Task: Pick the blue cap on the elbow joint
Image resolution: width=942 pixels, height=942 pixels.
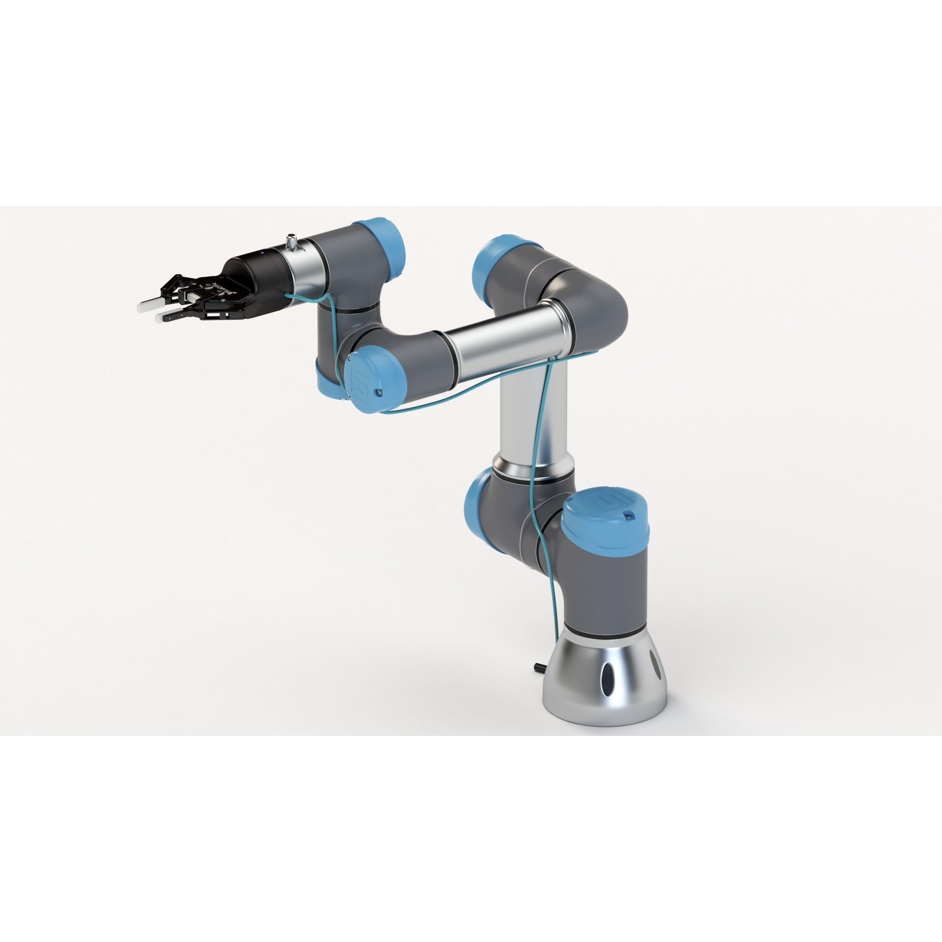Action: click(x=496, y=268)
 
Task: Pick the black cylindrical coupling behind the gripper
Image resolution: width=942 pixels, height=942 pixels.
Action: click(x=250, y=275)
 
